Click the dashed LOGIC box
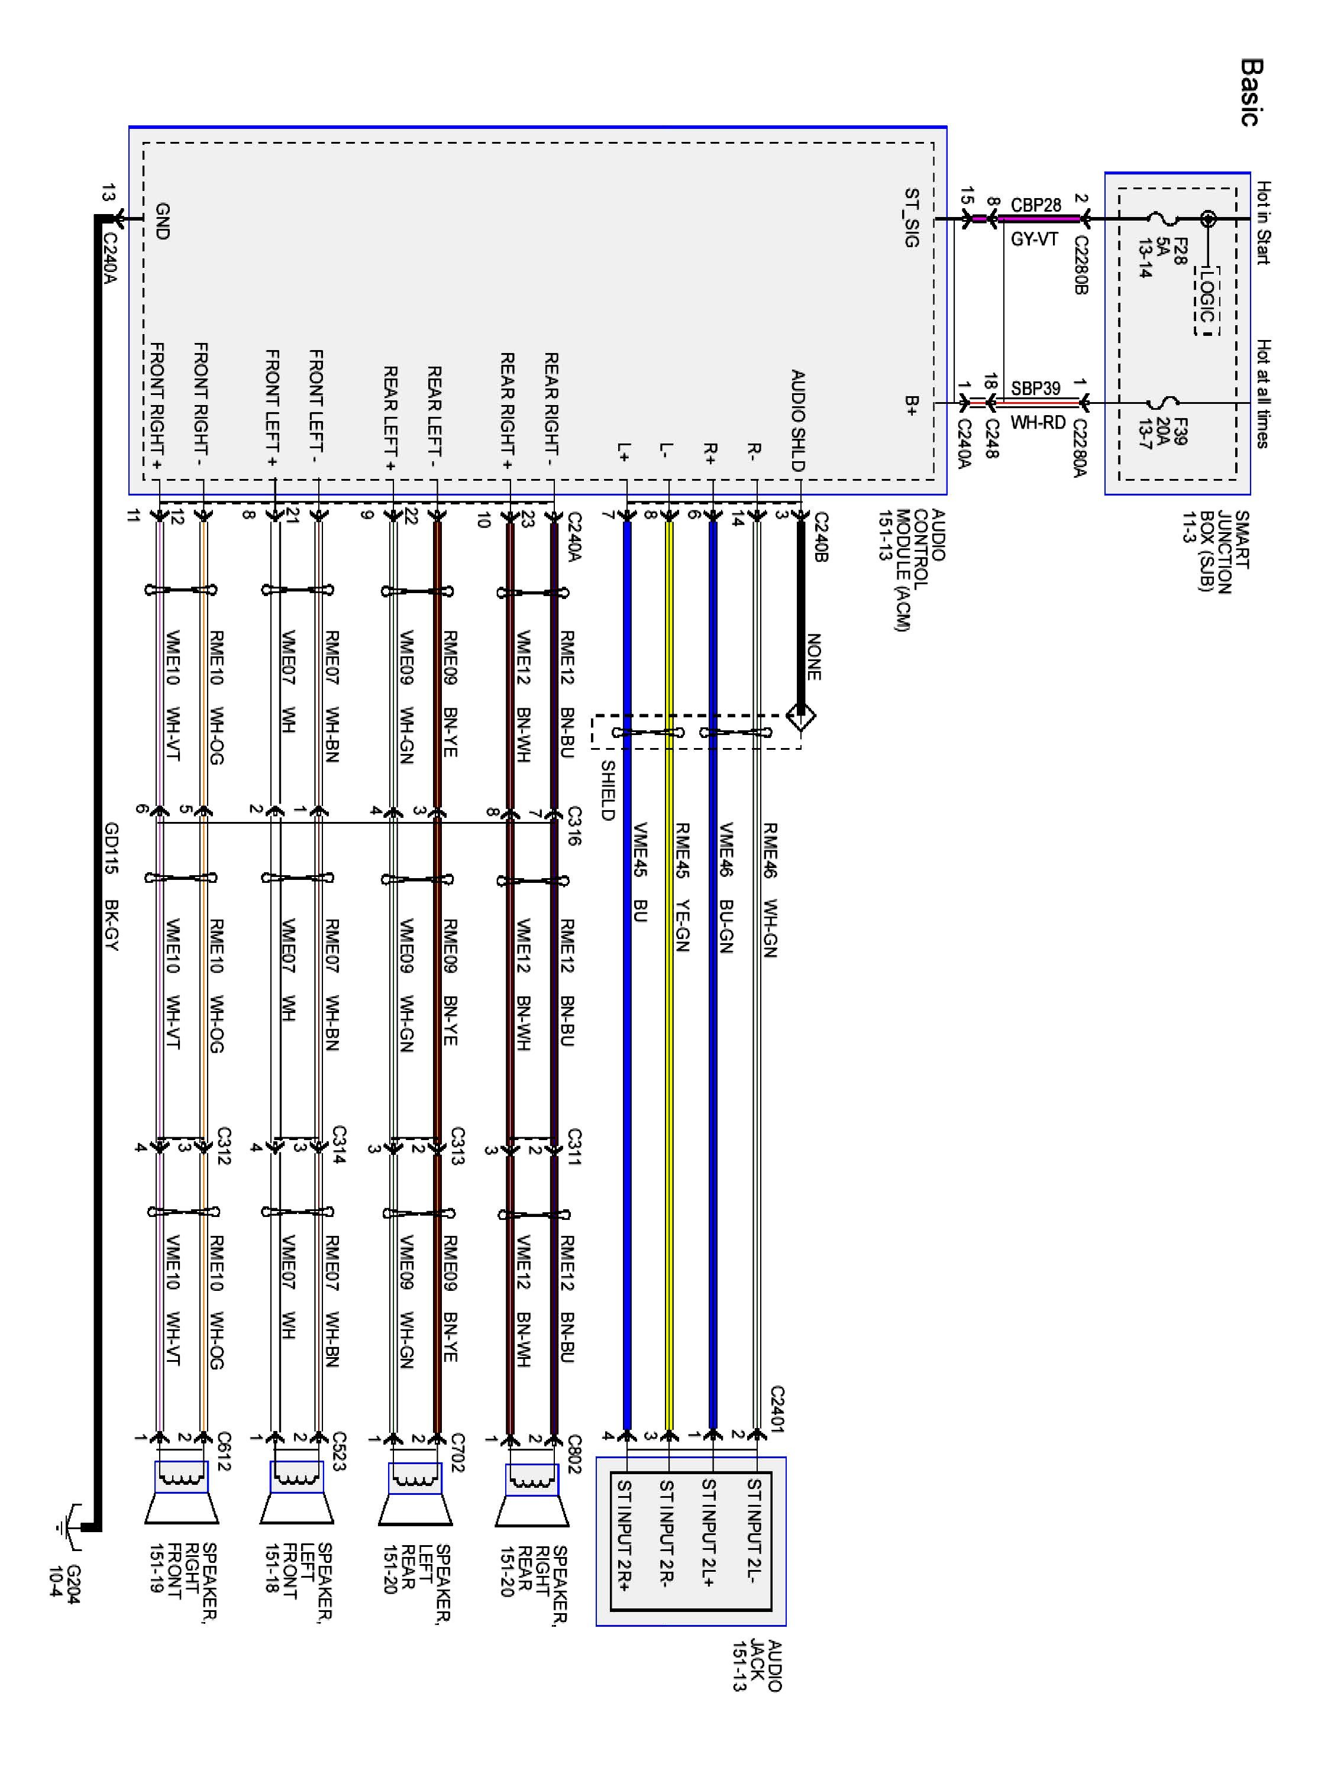coord(1205,299)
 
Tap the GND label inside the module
coord(161,221)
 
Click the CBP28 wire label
coord(1035,205)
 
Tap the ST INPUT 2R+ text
coord(624,1544)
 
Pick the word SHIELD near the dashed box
coord(608,790)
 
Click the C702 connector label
coord(457,1453)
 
